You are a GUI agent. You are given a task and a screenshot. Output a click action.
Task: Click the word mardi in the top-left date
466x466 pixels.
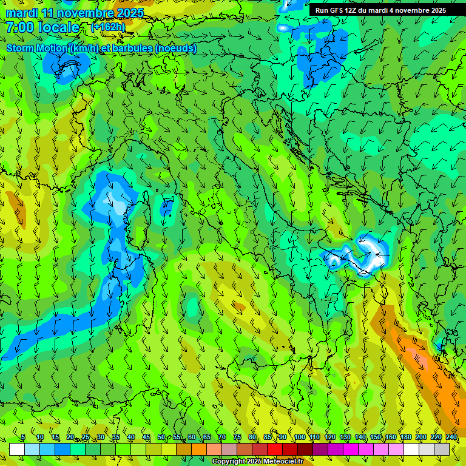21,13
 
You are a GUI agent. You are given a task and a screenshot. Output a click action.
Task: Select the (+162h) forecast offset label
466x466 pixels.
108,27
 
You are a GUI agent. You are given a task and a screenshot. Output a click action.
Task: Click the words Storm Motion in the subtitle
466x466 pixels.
37,49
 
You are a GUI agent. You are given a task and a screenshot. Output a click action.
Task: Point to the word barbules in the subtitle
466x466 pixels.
132,49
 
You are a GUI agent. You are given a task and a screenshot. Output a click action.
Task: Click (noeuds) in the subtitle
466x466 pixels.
175,49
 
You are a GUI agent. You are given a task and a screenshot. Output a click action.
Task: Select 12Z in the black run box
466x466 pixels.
351,10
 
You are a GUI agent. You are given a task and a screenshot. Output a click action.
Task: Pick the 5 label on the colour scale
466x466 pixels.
23,437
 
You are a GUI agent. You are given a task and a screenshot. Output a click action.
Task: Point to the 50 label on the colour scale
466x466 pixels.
161,437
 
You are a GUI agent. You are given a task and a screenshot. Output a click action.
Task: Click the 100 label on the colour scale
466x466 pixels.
300,437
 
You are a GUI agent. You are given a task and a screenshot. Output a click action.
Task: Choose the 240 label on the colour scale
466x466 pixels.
451,437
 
